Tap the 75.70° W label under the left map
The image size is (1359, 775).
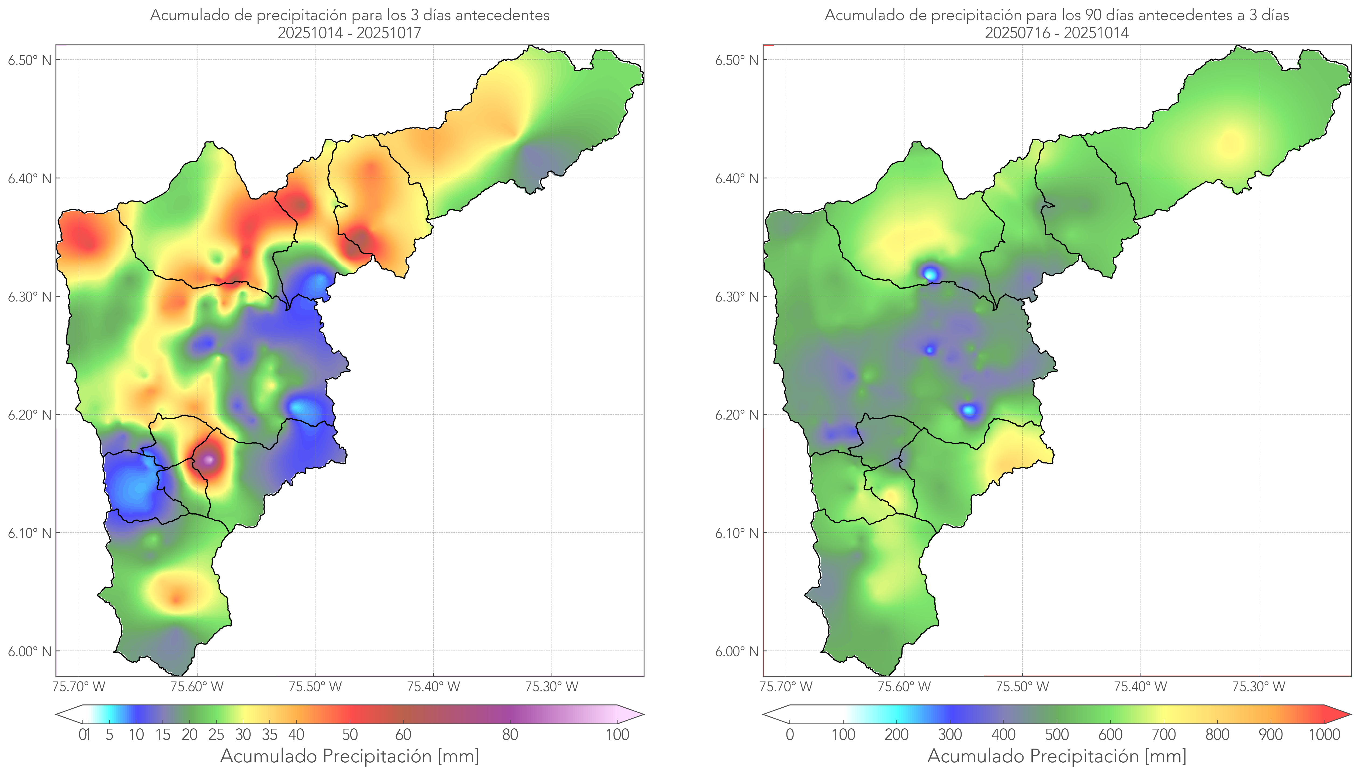[x=79, y=687]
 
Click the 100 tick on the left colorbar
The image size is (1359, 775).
[x=617, y=735]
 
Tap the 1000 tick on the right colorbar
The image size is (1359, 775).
[x=1324, y=735]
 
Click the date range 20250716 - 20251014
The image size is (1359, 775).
[x=1057, y=33]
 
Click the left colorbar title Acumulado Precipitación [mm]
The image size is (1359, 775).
[x=350, y=756]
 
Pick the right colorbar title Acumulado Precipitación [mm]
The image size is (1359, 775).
[x=1057, y=756]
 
